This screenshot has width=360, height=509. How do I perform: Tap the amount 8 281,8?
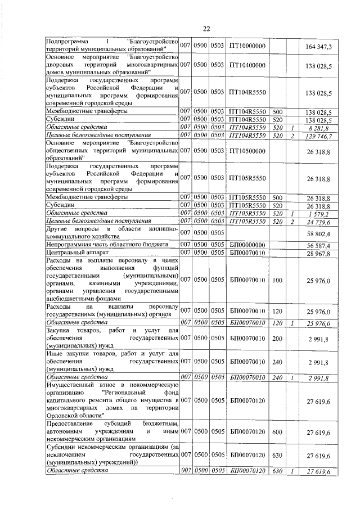(322, 128)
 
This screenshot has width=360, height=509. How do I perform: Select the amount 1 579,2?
(322, 215)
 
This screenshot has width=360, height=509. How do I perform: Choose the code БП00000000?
(247, 245)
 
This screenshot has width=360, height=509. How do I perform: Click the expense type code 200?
(277, 340)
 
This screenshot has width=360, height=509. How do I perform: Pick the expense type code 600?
(277, 431)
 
